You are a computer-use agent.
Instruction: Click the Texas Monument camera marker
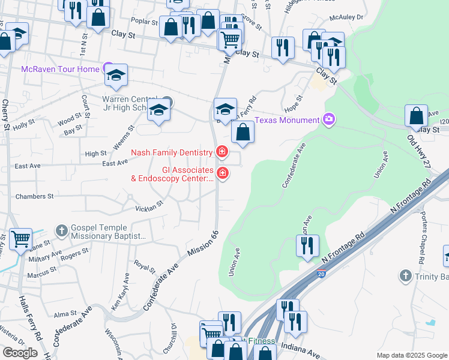click(x=328, y=119)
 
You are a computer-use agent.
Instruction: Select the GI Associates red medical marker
click(x=222, y=174)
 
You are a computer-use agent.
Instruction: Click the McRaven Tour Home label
click(x=60, y=70)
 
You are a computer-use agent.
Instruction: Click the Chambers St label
click(x=34, y=196)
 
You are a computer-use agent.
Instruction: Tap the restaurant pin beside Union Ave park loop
click(x=307, y=245)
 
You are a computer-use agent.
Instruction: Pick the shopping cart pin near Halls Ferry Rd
click(x=20, y=239)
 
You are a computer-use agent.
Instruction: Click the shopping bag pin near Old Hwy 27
click(x=416, y=115)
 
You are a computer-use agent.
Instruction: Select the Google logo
click(x=20, y=353)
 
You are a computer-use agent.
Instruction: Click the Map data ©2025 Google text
click(x=411, y=355)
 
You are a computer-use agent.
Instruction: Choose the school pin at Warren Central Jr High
click(x=158, y=110)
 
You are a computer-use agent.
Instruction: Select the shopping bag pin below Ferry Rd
click(x=243, y=131)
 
